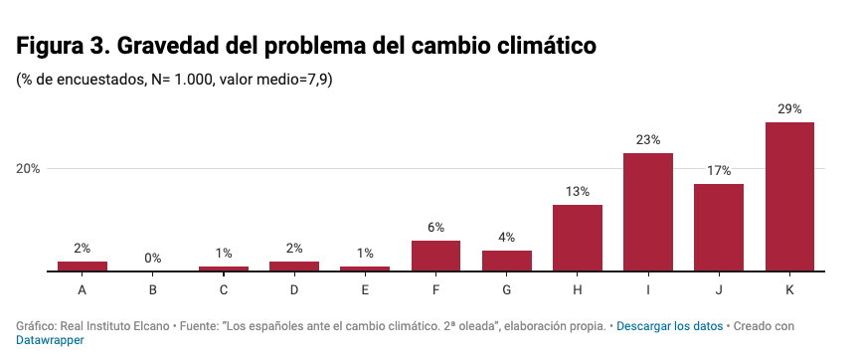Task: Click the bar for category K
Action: (789, 197)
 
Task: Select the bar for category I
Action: (648, 212)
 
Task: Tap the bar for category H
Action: (578, 238)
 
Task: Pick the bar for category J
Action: (719, 228)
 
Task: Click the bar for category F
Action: (435, 256)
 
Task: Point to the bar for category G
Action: (507, 261)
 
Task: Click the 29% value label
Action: (789, 109)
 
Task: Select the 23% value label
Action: (648, 140)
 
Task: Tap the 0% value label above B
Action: (152, 259)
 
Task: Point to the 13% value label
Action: (578, 192)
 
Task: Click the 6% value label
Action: (435, 228)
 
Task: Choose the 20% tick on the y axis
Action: (28, 169)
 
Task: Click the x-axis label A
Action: (82, 290)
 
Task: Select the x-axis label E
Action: (365, 290)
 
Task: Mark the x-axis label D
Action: (294, 290)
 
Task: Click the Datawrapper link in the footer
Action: (50, 340)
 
